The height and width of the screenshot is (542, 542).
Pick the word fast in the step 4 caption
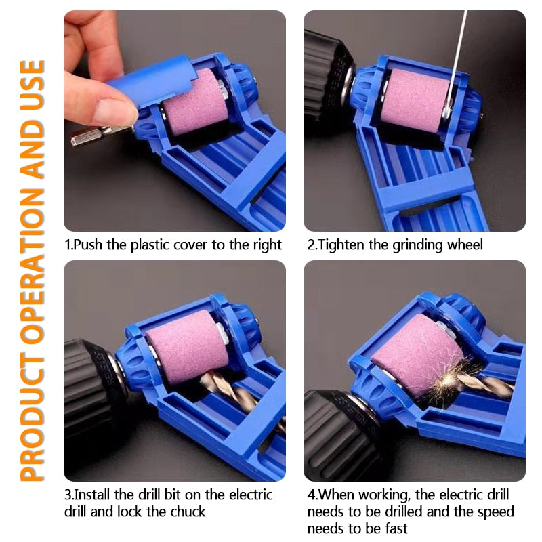point(396,528)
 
